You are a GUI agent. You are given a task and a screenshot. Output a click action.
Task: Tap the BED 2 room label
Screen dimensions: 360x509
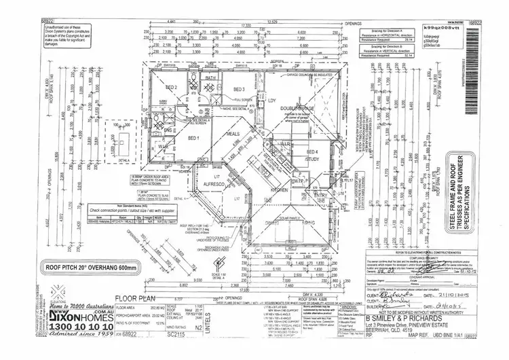tap(172, 88)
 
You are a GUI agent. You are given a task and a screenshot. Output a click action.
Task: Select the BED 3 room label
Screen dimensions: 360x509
tap(238, 90)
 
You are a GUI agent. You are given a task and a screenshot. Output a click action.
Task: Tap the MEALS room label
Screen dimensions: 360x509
tap(234, 134)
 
